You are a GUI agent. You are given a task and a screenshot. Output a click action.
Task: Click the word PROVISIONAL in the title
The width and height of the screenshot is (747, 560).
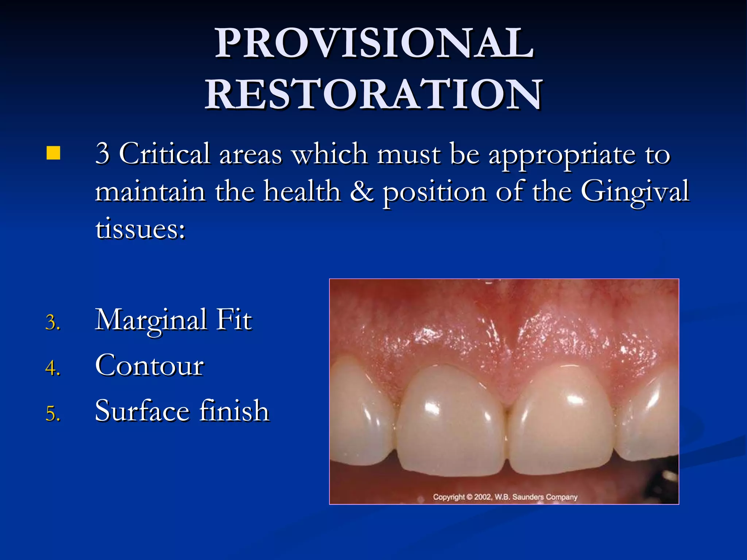374,43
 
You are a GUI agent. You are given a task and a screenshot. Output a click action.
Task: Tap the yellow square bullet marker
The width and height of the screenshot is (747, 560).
53,153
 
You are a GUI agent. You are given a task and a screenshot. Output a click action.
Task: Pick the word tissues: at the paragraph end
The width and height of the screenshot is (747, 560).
140,230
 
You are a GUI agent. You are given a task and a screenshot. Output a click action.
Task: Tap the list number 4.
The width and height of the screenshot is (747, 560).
53,368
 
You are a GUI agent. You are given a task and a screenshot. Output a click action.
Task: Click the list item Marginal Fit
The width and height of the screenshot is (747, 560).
173,320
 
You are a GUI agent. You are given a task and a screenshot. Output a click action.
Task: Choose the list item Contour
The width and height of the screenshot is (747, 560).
150,366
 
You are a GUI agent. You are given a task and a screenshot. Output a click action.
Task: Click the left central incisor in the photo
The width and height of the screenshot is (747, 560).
450,423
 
